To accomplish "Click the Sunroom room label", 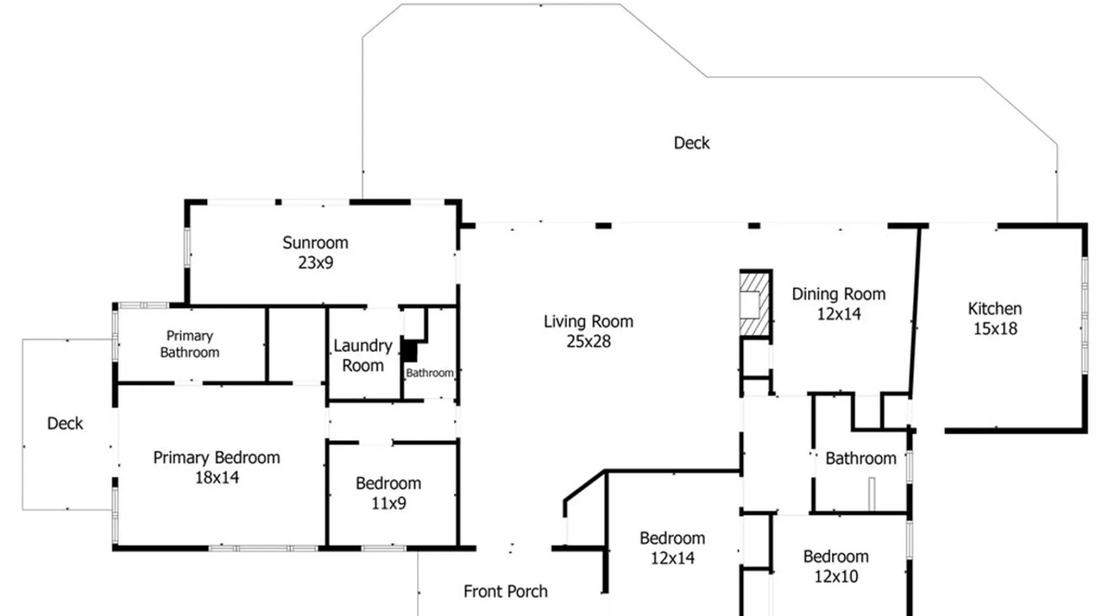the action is [315, 243].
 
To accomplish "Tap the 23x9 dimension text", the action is [315, 262].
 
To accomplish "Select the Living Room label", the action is [588, 322].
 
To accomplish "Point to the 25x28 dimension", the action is [588, 341].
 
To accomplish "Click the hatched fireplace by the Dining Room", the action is [755, 304].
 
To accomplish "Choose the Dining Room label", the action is [839, 294].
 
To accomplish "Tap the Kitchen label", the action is [994, 309].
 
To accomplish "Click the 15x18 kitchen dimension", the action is [995, 329].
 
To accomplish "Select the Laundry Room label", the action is [363, 355].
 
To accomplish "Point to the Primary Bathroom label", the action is [190, 344].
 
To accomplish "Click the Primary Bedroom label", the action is [216, 458].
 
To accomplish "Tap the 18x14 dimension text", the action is [217, 477].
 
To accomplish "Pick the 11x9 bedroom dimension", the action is [388, 503].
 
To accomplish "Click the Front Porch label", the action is [505, 591].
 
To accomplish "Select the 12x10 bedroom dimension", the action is [836, 577].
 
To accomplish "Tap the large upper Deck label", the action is [691, 143].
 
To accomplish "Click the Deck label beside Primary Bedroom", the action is [65, 423].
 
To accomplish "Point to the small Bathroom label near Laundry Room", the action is [429, 373].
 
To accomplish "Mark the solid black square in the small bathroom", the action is [409, 351].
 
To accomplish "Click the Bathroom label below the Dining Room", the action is [861, 458].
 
